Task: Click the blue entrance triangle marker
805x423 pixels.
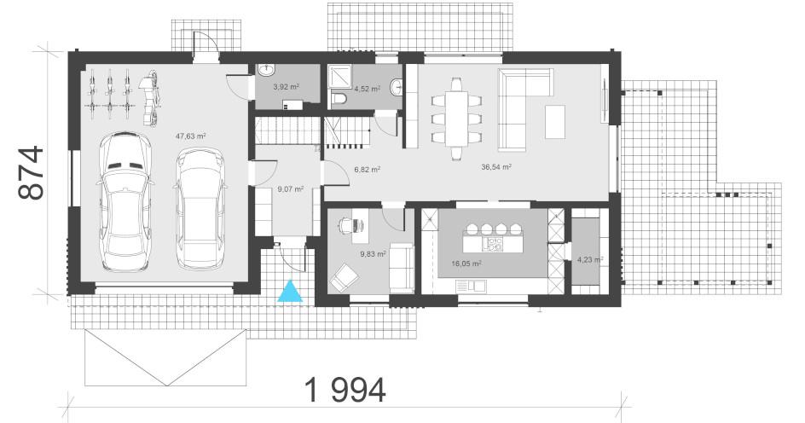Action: tap(290, 291)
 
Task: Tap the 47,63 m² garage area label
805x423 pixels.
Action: tap(190, 136)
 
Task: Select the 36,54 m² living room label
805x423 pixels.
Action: tap(496, 167)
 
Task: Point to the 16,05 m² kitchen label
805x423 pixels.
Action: tap(466, 264)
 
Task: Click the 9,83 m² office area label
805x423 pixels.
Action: tap(374, 253)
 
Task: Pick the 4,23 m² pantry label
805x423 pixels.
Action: tap(590, 260)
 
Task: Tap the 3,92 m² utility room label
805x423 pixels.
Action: tap(286, 87)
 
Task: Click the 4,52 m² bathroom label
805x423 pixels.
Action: tap(367, 89)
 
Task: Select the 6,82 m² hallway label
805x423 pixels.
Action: tap(367, 169)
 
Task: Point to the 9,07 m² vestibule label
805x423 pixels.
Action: tap(291, 189)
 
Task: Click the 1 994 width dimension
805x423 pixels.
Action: tap(345, 390)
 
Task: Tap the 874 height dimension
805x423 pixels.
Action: tap(32, 172)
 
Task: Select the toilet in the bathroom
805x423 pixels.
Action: tap(339, 97)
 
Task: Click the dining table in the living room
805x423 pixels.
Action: tap(456, 119)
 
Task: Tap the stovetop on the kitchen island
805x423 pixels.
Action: tap(495, 245)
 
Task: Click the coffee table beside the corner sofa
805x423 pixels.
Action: tap(555, 122)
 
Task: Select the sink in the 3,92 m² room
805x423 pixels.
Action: tap(266, 70)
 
